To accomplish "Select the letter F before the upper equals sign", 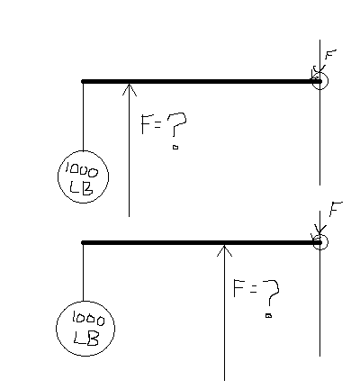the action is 146,124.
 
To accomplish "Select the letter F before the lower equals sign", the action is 238,288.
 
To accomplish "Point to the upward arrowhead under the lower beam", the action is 224,250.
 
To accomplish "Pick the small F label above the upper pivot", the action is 330,54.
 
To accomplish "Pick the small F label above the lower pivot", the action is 336,209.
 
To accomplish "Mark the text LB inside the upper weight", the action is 81,188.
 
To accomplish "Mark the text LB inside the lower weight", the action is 86,339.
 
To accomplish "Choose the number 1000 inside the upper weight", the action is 82,169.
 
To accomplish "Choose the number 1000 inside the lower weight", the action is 88,319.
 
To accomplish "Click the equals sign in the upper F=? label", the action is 157,125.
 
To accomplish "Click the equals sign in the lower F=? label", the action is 253,289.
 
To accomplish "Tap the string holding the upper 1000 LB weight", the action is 83,116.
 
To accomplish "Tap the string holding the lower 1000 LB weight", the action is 83,272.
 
